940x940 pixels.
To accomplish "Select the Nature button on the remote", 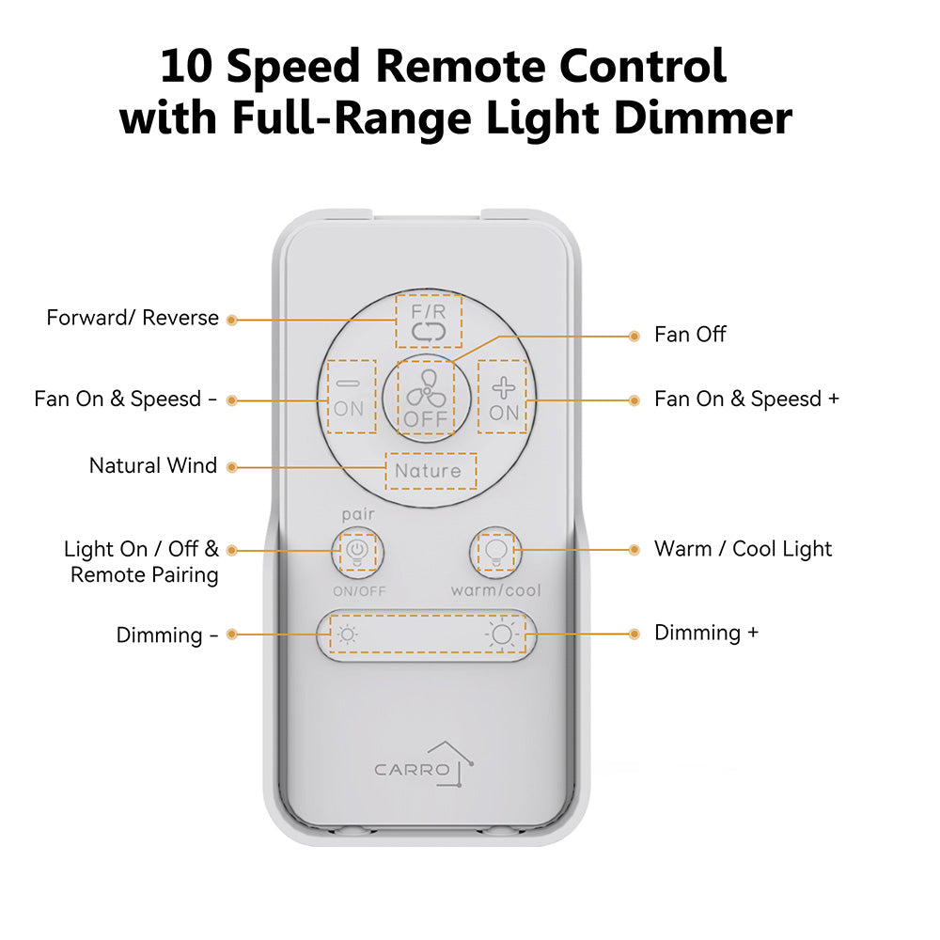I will pos(429,471).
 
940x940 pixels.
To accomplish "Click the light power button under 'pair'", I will pos(357,551).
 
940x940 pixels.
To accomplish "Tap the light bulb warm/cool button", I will pos(494,551).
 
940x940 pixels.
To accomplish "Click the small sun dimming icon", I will pos(348,634).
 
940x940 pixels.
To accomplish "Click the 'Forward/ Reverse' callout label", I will pos(133,319).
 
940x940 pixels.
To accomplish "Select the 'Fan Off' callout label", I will pos(690,335).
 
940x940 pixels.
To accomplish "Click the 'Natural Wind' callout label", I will pos(153,466).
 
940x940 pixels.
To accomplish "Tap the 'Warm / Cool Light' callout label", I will pos(743,549).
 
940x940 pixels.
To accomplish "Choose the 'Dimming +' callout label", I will pos(706,633).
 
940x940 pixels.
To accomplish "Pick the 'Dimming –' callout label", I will pos(166,635).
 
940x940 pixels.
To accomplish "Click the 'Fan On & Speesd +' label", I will pos(746,399).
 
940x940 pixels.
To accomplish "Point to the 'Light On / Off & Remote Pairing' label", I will pos(141,561).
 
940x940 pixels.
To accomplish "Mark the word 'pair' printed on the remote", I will pos(358,516).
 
